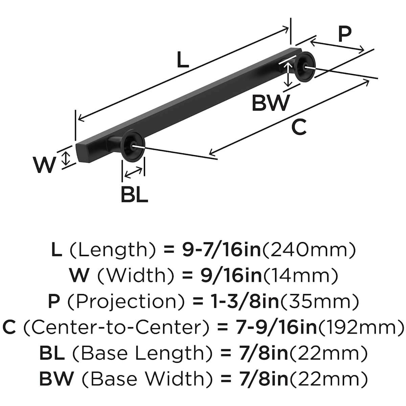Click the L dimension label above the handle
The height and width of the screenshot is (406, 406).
click(x=183, y=61)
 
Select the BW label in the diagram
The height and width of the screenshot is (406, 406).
click(x=271, y=103)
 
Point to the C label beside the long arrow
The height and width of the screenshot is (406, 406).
click(x=299, y=128)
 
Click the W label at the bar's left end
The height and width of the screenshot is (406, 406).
click(x=44, y=165)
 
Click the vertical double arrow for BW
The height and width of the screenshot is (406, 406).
click(x=288, y=75)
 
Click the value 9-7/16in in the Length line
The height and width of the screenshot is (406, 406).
click(x=222, y=250)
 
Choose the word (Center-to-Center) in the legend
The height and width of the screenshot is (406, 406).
click(x=115, y=328)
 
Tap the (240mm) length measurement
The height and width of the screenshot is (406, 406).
click(x=309, y=250)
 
